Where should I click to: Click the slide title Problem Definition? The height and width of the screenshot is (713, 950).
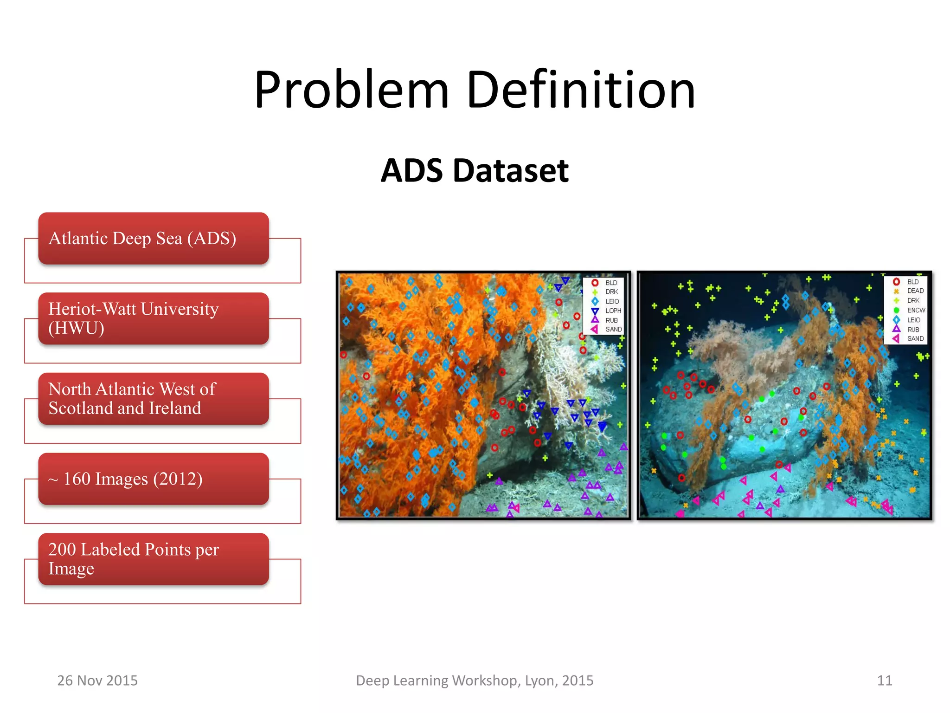(475, 89)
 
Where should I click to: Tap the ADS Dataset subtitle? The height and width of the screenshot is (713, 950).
(475, 170)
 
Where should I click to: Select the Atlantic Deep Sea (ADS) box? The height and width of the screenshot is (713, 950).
(153, 239)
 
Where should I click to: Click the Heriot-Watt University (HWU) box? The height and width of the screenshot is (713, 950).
(153, 318)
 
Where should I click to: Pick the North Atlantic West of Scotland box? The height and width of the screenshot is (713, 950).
(153, 399)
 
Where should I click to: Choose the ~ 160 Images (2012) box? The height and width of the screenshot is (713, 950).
(153, 479)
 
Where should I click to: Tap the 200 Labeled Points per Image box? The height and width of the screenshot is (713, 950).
(153, 559)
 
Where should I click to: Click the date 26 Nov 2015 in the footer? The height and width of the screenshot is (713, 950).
(97, 681)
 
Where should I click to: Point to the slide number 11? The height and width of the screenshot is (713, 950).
(885, 681)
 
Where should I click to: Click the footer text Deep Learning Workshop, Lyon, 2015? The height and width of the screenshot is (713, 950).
(475, 681)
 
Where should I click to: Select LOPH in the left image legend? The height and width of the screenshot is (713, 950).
(613, 311)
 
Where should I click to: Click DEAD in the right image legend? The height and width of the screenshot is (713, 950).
(915, 291)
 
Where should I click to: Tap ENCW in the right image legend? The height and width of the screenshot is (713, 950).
(916, 310)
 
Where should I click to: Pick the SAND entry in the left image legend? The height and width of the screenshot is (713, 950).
(613, 330)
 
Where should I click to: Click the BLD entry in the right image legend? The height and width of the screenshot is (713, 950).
(912, 282)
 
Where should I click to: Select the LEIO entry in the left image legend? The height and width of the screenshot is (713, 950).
(612, 301)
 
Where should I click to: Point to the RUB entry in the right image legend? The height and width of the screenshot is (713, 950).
(913, 330)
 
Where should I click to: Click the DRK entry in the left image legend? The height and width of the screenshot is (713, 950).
(611, 292)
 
